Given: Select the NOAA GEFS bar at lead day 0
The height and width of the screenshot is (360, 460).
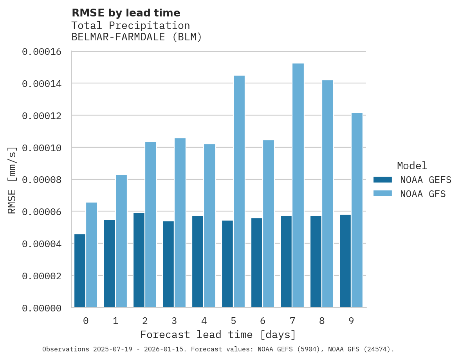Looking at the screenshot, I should (x=80, y=271).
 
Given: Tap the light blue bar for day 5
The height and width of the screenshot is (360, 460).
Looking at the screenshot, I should (x=239, y=192).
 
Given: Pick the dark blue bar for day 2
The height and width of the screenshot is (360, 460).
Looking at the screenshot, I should (x=139, y=260).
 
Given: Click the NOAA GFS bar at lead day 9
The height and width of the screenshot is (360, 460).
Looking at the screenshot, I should (x=357, y=210).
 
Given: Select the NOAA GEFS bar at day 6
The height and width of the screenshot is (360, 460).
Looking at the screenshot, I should (x=257, y=263).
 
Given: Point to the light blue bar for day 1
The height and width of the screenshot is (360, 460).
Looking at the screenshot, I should (x=121, y=241).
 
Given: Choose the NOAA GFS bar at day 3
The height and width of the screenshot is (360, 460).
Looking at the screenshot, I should (x=180, y=223).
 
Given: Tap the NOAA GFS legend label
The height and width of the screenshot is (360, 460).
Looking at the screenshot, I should (x=423, y=194).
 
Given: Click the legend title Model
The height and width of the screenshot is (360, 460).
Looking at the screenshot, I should (x=412, y=166).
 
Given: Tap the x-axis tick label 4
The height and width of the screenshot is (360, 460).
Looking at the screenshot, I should (x=204, y=321).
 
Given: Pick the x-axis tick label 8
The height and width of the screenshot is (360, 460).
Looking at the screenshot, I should (x=322, y=321).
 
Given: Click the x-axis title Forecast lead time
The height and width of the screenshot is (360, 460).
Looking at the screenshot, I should (x=218, y=335).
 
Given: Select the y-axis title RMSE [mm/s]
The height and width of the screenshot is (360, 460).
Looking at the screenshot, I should (x=13, y=180).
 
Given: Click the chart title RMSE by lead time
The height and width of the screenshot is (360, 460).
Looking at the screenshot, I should (x=126, y=13).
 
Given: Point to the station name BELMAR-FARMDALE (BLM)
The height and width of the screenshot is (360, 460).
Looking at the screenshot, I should (x=137, y=37).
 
